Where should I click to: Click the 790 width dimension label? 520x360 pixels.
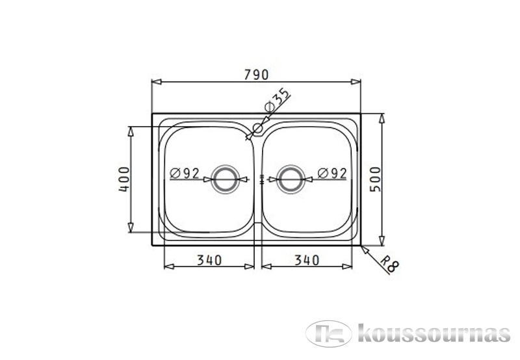(256, 75)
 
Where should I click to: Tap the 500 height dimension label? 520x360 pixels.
(376, 179)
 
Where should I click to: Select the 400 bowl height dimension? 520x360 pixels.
(124, 179)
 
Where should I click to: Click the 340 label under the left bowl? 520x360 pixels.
(209, 260)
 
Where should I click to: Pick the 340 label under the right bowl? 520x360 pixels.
(307, 260)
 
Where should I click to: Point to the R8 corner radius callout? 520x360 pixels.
(389, 263)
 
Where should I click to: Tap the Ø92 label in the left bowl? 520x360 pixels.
(185, 173)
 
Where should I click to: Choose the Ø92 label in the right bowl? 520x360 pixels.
(332, 173)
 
